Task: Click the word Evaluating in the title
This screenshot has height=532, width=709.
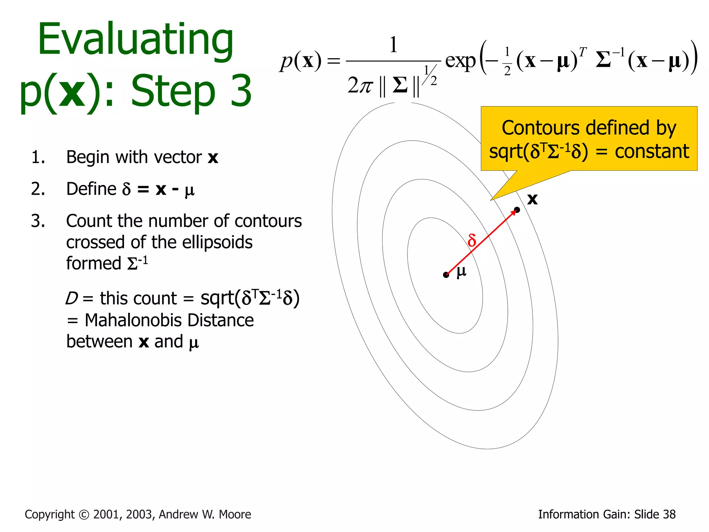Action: [x=136, y=40]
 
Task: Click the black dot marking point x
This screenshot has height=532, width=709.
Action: [x=517, y=210]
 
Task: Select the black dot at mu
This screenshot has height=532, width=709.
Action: [x=446, y=275]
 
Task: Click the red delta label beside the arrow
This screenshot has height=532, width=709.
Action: [x=472, y=240]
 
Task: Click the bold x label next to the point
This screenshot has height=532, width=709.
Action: [x=532, y=199]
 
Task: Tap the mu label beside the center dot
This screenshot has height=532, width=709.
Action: [x=461, y=271]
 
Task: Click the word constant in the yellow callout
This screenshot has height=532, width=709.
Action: [x=652, y=152]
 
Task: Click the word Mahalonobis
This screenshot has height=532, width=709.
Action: [x=169, y=320]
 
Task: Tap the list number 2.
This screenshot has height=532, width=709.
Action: [x=38, y=189]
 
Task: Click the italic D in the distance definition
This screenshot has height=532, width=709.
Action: [x=72, y=298]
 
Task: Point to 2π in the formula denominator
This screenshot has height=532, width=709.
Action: [x=360, y=85]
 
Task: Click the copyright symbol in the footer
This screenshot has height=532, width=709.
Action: [x=84, y=515]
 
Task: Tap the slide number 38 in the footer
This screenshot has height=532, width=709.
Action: [x=668, y=515]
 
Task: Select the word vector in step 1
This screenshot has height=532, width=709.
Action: [x=178, y=157]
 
